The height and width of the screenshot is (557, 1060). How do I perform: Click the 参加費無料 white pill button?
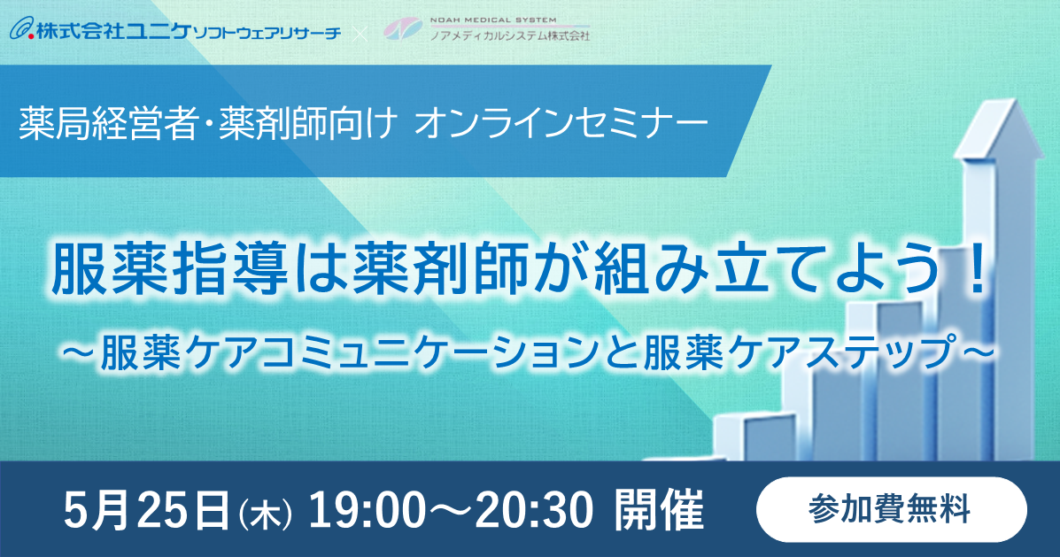click(891, 510)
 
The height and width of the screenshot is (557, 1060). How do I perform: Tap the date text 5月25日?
click(147, 510)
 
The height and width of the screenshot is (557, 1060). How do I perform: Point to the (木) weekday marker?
click(265, 514)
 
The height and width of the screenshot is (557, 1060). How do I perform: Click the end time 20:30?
click(534, 510)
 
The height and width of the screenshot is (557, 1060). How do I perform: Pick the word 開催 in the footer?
click(659, 510)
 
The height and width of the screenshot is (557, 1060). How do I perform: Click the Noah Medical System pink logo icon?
click(403, 29)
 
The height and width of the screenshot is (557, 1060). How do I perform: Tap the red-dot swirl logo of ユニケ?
click(21, 30)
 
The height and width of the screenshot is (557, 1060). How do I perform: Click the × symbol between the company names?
click(361, 32)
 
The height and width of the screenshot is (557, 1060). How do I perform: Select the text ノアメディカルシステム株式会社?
click(510, 35)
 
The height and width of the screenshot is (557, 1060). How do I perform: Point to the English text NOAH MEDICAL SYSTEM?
click(493, 20)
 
